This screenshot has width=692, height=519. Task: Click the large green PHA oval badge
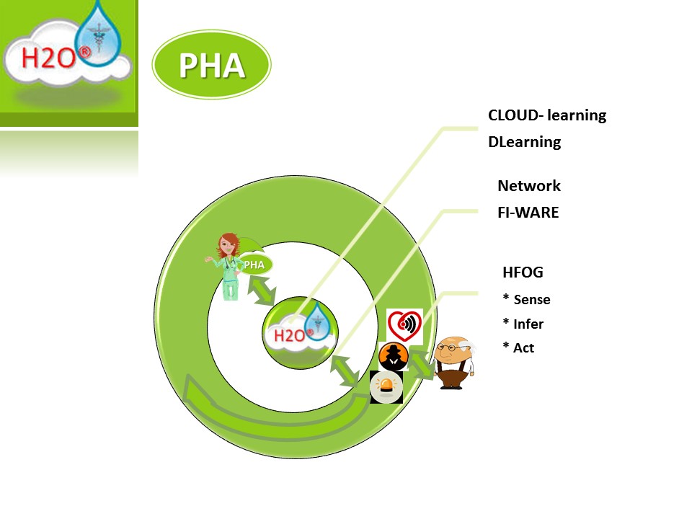[x=211, y=64]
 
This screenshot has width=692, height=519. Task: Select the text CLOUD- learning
[x=547, y=115]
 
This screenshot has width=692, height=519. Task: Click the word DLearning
[x=524, y=142]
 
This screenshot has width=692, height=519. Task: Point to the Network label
[x=528, y=186]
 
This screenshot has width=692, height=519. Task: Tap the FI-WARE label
[x=528, y=212]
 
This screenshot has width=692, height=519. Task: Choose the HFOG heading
[x=523, y=272]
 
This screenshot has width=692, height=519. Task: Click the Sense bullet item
[x=526, y=299]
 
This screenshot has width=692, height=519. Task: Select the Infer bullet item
[x=523, y=324]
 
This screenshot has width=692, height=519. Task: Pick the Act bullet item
[x=518, y=347]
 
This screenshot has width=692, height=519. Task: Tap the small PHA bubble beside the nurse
[x=255, y=265]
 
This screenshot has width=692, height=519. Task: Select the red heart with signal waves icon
[x=404, y=326]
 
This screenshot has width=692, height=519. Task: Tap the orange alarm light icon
[x=386, y=386]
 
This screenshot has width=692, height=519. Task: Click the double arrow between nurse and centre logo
[x=262, y=290]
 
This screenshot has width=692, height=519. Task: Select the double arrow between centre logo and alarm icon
[x=345, y=371]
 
